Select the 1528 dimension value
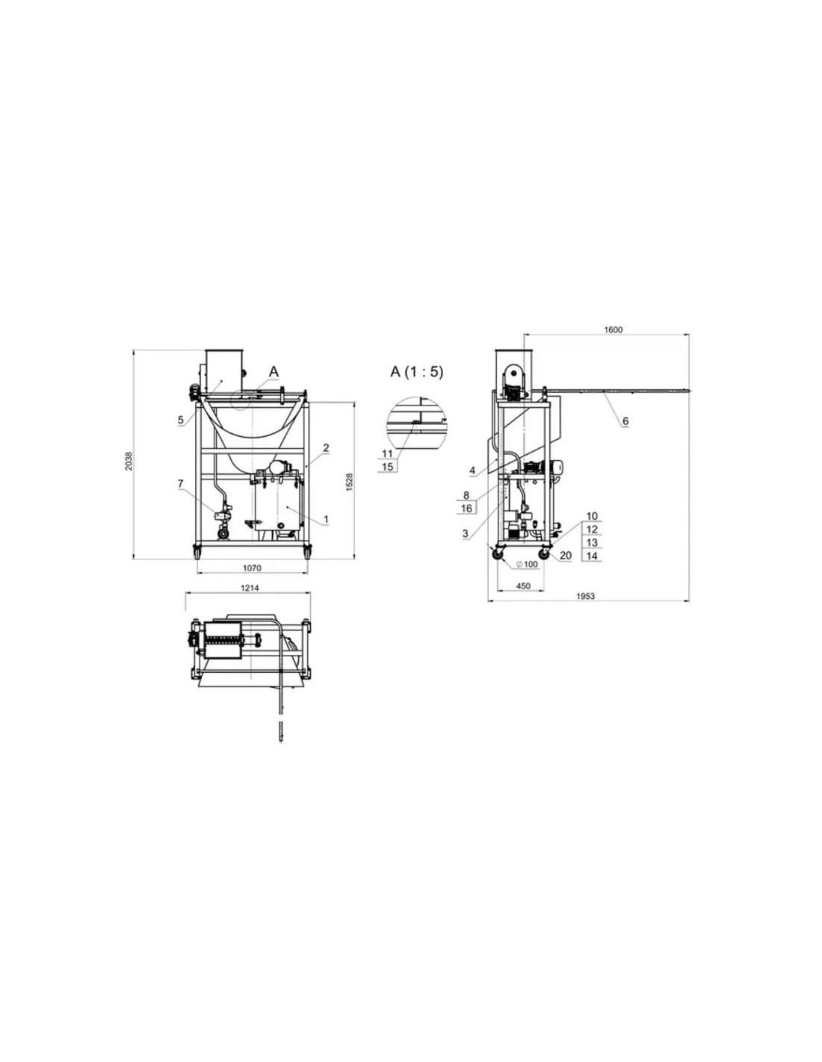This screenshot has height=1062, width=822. point(350,482)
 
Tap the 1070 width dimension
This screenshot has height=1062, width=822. point(252,568)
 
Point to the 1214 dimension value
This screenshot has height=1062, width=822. point(250,588)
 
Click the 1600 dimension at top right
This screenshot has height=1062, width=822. point(614,330)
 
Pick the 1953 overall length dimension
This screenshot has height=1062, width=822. point(585,596)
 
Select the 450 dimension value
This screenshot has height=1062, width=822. point(523,586)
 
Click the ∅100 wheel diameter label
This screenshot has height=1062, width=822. point(527,565)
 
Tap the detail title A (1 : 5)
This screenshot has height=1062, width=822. point(417,372)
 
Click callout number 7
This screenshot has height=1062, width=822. point(180,484)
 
